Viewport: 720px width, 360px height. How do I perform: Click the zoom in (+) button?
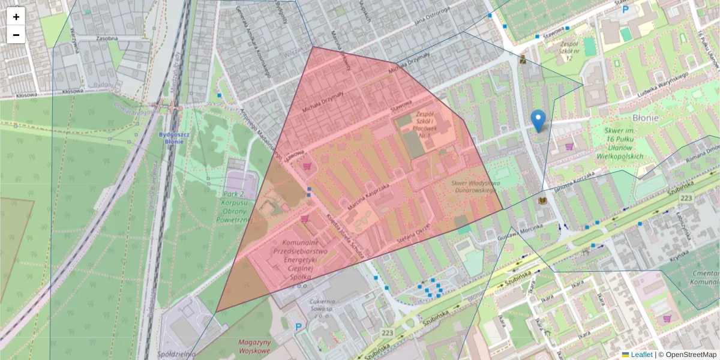16,17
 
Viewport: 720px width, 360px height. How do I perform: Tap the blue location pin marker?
539,121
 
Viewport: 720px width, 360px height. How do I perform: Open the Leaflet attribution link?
641,355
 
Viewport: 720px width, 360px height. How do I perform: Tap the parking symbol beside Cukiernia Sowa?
299,326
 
